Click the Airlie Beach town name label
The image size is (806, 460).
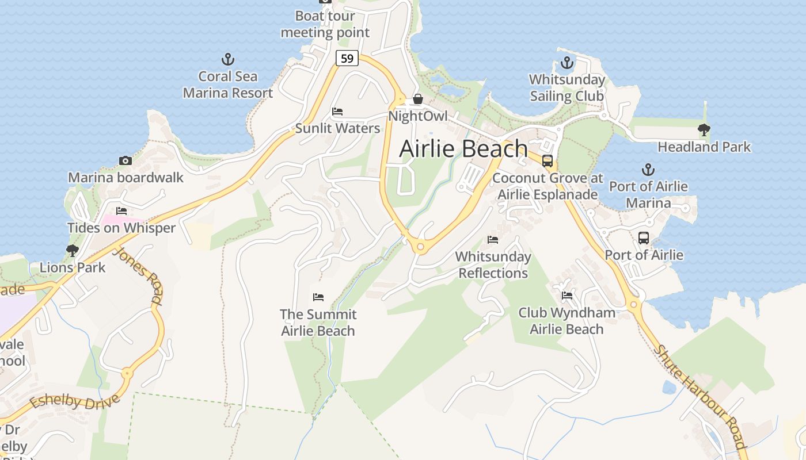463,148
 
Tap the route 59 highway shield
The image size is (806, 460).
347,58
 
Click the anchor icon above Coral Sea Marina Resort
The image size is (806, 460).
228,59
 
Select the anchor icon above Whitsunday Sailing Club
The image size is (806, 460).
567,63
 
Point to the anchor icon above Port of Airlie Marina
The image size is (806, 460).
648,170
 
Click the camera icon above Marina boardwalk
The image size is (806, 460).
125,160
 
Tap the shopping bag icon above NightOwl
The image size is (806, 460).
418,99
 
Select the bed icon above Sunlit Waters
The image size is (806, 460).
337,111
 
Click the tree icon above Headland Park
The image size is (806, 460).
704,130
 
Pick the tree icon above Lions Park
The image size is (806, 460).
72,250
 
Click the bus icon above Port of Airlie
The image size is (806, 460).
644,237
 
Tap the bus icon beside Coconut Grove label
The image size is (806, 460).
547,161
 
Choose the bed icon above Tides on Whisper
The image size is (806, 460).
121,211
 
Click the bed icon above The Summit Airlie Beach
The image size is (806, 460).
318,297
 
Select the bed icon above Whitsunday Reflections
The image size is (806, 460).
493,239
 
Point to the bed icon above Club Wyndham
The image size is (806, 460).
567,296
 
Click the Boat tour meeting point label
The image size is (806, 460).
325,24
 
